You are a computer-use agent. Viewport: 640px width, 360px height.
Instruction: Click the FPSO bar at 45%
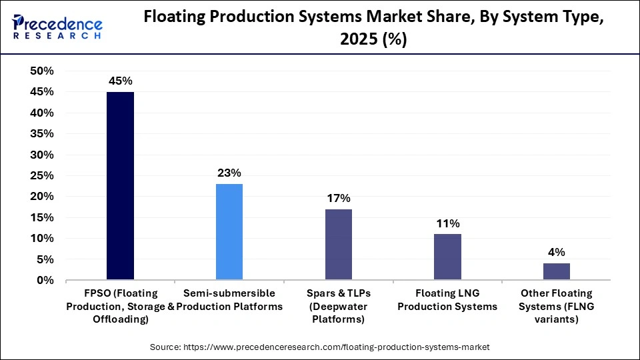(120, 186)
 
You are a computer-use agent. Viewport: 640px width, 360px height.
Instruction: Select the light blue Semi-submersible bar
(229, 232)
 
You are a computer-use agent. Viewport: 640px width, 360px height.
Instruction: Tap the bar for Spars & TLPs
(339, 245)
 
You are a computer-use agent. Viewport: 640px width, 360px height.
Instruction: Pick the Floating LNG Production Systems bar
(447, 257)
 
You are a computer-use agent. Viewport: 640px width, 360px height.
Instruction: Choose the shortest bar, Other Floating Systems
(557, 272)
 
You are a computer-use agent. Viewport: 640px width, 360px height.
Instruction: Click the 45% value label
(120, 81)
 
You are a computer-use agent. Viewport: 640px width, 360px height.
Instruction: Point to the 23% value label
(229, 173)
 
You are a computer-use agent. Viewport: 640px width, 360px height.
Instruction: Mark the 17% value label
(339, 199)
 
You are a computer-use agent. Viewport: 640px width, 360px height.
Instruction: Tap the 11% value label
(447, 224)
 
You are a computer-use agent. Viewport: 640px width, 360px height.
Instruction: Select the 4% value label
(557, 253)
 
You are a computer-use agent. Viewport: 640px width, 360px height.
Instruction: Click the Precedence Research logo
(56, 27)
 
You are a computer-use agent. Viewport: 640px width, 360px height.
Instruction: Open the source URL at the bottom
(319, 347)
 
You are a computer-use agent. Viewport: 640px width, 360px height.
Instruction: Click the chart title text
(373, 29)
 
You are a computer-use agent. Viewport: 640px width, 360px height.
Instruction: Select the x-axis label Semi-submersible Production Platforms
(229, 300)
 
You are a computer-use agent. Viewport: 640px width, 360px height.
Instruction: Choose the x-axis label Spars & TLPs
(339, 307)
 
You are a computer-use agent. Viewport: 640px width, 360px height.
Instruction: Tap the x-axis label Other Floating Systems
(557, 307)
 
